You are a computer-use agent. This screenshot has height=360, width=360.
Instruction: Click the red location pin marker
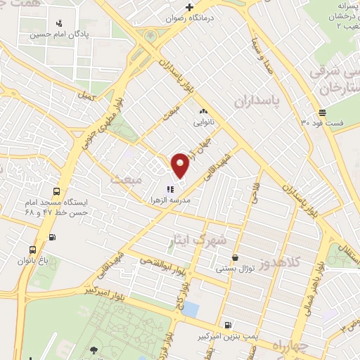click(x=180, y=165)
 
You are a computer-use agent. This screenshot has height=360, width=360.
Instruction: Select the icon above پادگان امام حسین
click(x=59, y=22)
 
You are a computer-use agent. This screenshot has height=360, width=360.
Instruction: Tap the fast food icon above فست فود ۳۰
click(x=322, y=112)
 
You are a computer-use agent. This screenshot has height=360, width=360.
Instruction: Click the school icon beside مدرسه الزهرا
click(x=169, y=188)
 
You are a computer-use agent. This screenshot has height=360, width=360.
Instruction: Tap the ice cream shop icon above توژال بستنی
click(x=234, y=258)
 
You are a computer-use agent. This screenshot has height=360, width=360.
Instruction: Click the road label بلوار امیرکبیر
click(x=96, y=289)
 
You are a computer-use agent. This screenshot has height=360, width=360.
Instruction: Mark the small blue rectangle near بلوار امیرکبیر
click(x=195, y=307)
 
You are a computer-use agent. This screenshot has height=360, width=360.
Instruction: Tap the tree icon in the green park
click(x=94, y=349)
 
